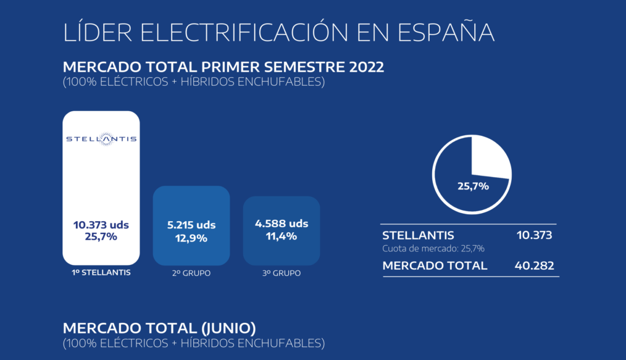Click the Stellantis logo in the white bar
click(x=101, y=139)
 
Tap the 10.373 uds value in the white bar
click(x=101, y=225)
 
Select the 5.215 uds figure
click(x=191, y=225)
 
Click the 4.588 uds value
click(x=282, y=224)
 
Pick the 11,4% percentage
click(x=282, y=236)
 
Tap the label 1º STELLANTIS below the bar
click(x=101, y=272)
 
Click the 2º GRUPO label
click(x=191, y=272)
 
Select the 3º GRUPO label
click(x=282, y=272)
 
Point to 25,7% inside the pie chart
click(x=473, y=185)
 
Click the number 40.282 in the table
click(x=534, y=266)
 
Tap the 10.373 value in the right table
click(x=534, y=235)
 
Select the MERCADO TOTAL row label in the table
click(x=435, y=266)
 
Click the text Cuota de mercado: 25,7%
click(x=433, y=248)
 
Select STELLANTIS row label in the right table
click(x=418, y=235)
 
